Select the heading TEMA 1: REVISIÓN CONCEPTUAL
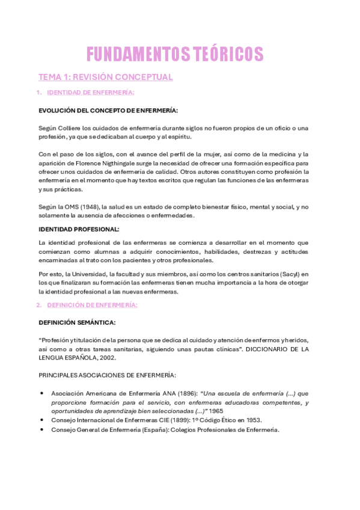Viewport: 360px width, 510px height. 106,78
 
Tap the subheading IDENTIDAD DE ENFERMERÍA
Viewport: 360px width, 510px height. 90,93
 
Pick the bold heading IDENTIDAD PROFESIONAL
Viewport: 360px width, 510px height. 79,229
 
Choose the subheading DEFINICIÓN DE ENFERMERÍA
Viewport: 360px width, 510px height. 92,305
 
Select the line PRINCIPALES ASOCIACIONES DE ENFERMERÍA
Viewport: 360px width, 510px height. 107,375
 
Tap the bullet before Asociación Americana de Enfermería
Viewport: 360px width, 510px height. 41,393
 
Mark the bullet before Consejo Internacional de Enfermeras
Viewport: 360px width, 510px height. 41,420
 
